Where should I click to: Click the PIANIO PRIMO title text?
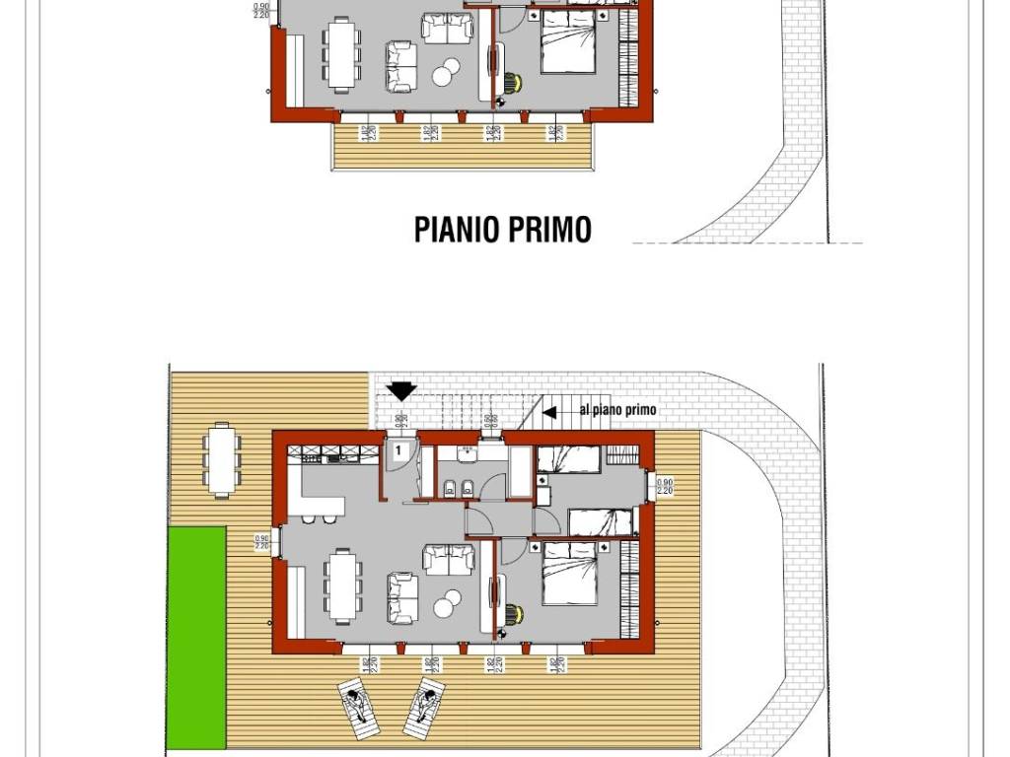(x=503, y=229)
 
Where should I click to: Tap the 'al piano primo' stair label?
(x=617, y=410)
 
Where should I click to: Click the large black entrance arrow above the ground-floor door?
(x=401, y=391)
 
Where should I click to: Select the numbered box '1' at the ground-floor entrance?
(x=397, y=450)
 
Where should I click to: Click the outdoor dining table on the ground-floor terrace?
(x=222, y=459)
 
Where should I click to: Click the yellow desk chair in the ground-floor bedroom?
(x=510, y=614)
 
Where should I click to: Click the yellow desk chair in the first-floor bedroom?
(x=510, y=81)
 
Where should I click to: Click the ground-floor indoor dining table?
(x=343, y=585)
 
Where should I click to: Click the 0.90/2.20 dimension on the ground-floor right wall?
(x=664, y=486)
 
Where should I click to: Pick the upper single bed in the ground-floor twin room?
(x=570, y=457)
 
